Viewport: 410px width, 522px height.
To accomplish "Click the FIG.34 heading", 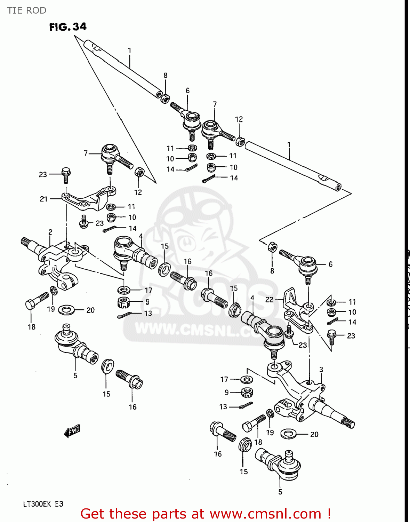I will point(68,27).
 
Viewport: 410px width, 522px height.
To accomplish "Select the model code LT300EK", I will point(37,504).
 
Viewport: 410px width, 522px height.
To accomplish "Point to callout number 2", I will point(50,232).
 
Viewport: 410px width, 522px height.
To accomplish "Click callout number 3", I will point(321,370).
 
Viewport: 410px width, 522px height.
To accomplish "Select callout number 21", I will point(43,199).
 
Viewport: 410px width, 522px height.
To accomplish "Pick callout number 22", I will point(269,300).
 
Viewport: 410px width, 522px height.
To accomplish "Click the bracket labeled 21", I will point(89,200).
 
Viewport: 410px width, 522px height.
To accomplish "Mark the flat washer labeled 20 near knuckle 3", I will point(288,434).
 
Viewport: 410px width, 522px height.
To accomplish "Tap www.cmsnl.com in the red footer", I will point(265,514).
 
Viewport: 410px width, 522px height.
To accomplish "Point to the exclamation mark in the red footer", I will point(329,514).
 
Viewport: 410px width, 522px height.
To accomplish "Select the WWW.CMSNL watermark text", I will point(195,329).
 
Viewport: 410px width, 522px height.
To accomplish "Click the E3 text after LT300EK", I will point(59,504).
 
